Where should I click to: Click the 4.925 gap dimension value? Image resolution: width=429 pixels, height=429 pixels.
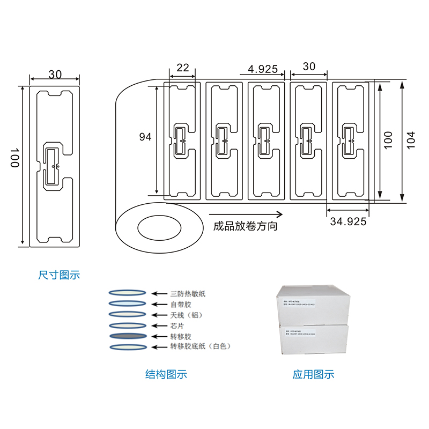[263, 69]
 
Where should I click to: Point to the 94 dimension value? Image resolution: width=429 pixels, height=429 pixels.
[145, 137]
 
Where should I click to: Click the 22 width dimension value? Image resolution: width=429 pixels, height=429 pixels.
[182, 68]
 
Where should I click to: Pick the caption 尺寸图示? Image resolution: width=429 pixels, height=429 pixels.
[59, 275]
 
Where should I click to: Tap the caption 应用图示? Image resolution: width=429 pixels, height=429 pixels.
[313, 374]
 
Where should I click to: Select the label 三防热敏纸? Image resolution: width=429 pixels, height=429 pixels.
[188, 293]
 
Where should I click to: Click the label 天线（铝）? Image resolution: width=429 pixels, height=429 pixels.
[188, 315]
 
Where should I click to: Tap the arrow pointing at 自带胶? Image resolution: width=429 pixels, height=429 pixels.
[158, 304]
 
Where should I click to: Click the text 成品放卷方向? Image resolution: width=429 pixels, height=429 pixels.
[245, 226]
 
